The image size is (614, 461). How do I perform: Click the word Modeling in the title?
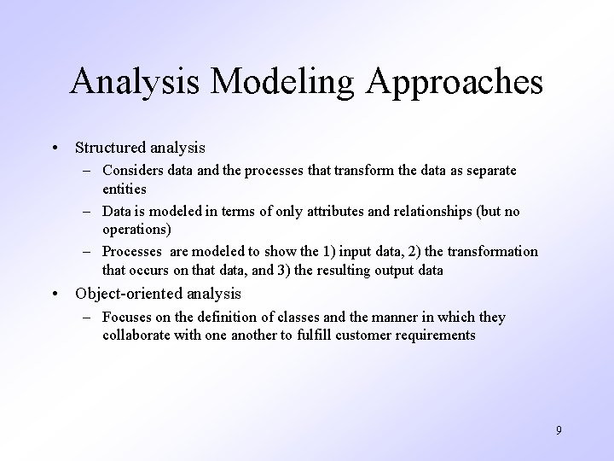click(273, 83)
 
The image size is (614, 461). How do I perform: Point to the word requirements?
click(434, 334)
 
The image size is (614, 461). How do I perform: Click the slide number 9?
click(559, 430)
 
